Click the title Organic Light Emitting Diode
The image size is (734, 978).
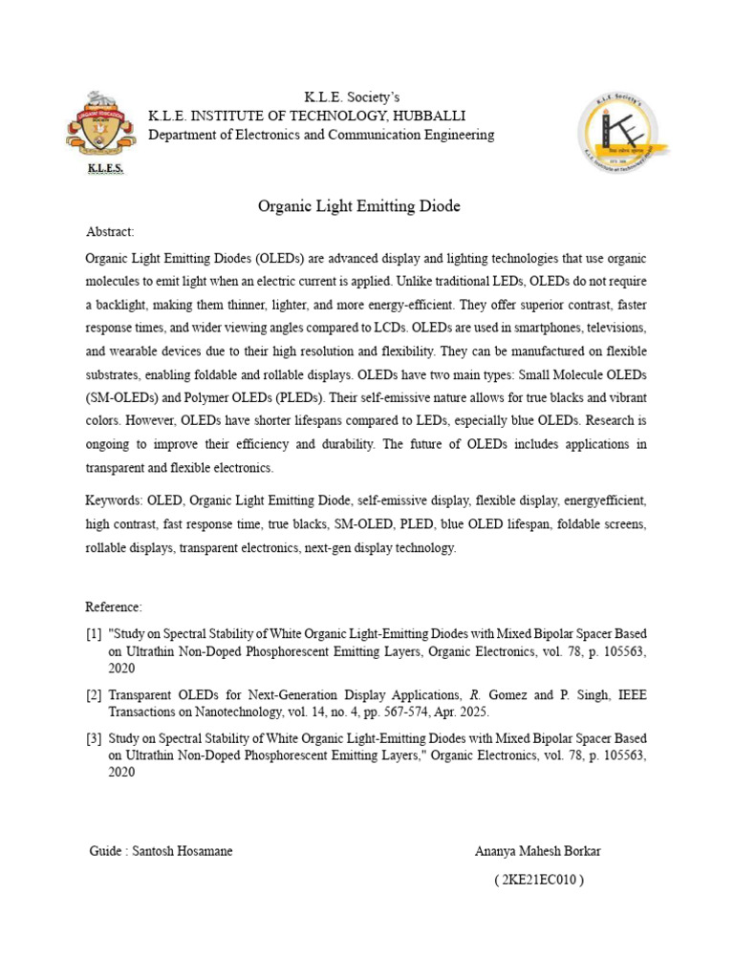359,206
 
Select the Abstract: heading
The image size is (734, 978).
110,232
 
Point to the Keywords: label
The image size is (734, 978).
114,500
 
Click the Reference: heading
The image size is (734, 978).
114,606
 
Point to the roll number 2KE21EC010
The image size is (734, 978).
539,880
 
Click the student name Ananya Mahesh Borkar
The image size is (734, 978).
538,851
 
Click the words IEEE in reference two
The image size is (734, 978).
629,695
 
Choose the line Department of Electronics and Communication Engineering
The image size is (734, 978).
321,135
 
